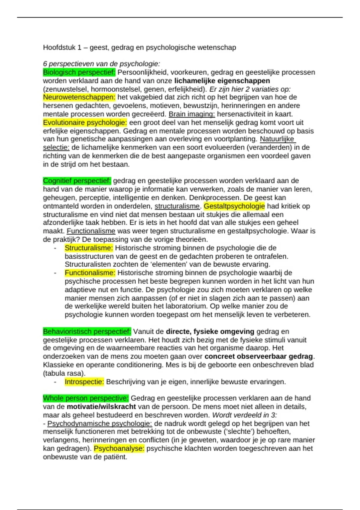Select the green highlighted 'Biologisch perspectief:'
(x=79, y=72)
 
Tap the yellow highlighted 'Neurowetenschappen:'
(x=79, y=97)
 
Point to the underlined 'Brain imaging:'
(x=192, y=114)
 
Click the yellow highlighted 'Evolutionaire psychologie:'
(x=85, y=122)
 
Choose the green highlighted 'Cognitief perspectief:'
(x=77, y=181)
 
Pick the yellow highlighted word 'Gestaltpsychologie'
(x=234, y=206)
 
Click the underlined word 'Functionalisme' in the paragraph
(x=91, y=231)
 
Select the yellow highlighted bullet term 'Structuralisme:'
(x=88, y=248)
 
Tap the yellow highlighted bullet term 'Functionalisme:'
(x=90, y=273)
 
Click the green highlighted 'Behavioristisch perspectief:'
(x=87, y=331)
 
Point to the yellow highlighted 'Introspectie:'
(x=84, y=382)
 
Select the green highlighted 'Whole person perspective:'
(x=86, y=398)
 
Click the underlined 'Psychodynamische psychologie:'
(x=100, y=424)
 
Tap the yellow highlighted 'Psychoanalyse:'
(x=119, y=448)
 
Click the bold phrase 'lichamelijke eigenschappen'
(x=222, y=81)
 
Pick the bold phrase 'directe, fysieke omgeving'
(x=210, y=331)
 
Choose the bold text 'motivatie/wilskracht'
(x=101, y=407)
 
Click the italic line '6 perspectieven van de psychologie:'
(x=101, y=64)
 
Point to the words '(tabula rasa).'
(x=64, y=373)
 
